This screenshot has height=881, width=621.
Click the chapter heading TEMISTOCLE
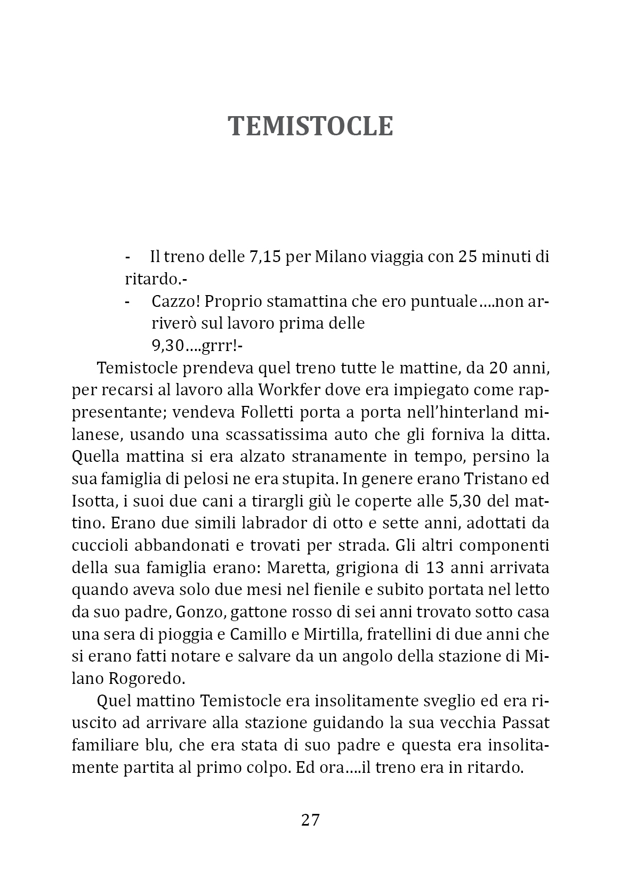point(310,127)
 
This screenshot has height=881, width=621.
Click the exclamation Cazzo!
point(175,301)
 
